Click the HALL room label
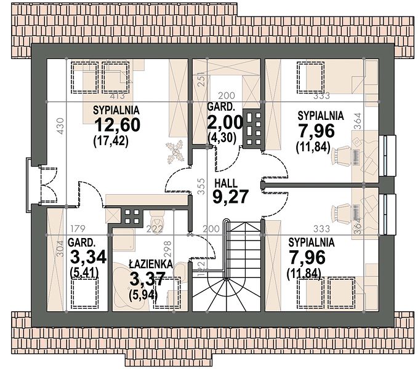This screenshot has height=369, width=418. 226,183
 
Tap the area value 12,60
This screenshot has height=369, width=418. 118,125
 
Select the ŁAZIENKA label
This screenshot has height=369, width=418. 151,264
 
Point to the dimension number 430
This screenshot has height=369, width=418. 61,126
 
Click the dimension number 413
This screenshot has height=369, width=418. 118,95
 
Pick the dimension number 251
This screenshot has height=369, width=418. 202,79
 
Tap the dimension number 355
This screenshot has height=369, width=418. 202,186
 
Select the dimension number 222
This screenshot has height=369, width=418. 155,229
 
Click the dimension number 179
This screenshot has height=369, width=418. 78,229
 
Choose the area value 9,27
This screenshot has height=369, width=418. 231,197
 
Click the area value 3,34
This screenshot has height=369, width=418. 88,256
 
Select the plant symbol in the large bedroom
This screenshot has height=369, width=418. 175,153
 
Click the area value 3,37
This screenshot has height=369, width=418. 147,279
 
